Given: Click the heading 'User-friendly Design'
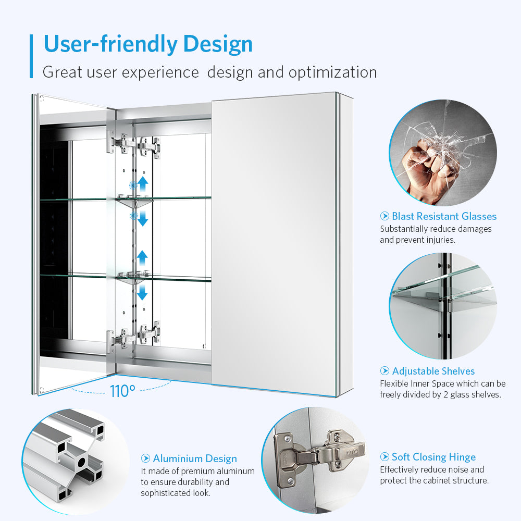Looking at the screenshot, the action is (x=148, y=44).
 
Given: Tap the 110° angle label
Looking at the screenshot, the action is (x=122, y=391).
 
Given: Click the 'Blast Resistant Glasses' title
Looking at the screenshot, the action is (x=444, y=216).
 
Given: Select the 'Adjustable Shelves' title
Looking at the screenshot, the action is (x=433, y=371).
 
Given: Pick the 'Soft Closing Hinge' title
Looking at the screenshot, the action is (x=433, y=457).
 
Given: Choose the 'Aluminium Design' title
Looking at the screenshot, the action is (x=195, y=458).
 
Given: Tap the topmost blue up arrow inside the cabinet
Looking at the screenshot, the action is (x=143, y=184).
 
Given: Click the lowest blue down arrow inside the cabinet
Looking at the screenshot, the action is (x=142, y=292).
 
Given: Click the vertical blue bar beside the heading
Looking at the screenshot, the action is (x=31, y=56).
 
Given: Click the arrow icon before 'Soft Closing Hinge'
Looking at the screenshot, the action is (x=384, y=457).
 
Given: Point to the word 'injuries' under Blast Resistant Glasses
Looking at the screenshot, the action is (x=439, y=240).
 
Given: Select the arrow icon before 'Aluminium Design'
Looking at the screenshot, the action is (x=145, y=458).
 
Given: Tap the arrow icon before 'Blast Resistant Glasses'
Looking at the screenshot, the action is (x=384, y=216).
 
